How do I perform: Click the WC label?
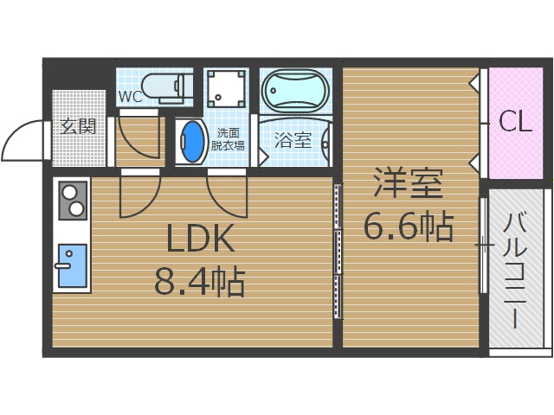point(130,96)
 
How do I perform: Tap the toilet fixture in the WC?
point(164,86)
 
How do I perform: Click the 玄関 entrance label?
point(78,126)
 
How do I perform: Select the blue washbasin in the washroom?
point(191,141)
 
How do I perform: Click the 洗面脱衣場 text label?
point(229,139)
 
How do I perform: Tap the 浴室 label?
point(293,140)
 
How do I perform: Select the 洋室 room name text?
point(408,184)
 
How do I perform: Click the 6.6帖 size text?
point(408,227)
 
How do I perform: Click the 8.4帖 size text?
point(199,281)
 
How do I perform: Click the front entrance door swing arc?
point(23,140)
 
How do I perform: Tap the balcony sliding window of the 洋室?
point(482,246)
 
